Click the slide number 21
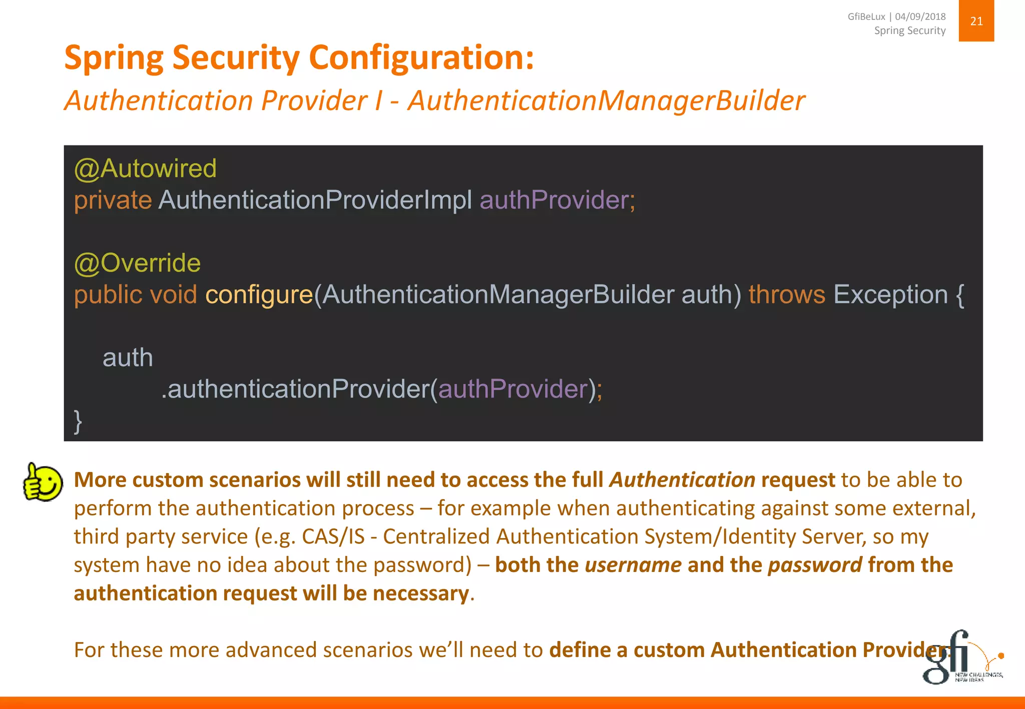coord(976,21)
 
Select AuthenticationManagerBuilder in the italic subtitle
coord(606,100)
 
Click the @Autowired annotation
coord(145,168)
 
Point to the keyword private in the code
coord(113,200)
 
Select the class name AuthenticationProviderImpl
coord(315,200)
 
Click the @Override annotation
coord(137,263)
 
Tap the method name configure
coord(259,294)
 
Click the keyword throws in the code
coord(786,294)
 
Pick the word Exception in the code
coord(890,294)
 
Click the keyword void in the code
coord(173,294)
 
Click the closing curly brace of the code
coord(78,421)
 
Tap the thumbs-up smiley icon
coord(43,482)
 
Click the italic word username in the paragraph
coord(633,565)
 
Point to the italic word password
coord(815,565)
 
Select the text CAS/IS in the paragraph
coord(333,536)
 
